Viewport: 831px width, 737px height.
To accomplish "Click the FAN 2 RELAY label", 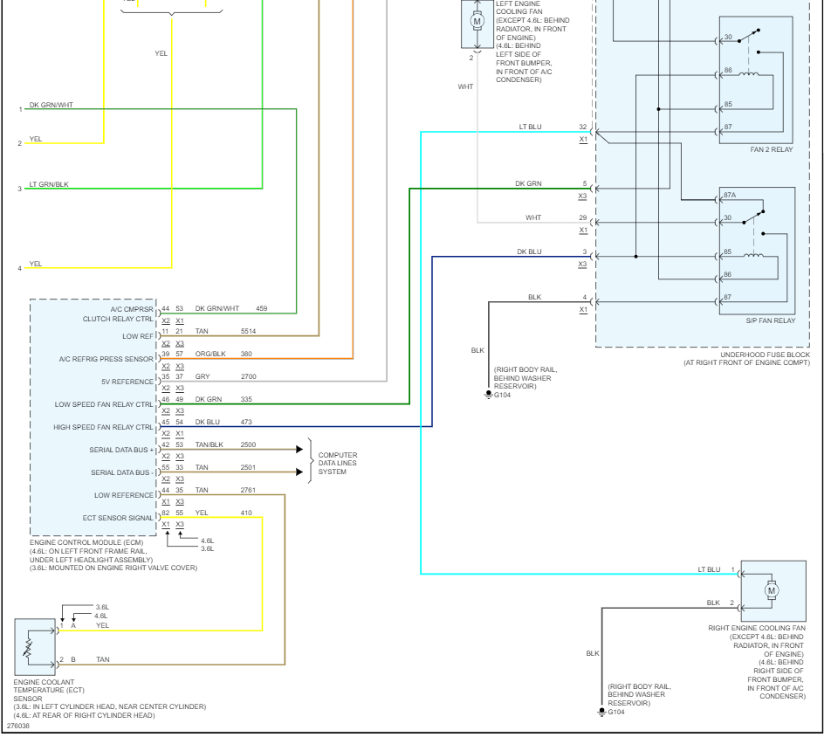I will point(772,149).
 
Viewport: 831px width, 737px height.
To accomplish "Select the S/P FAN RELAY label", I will point(772,320).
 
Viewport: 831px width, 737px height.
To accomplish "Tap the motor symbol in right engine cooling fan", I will point(772,591).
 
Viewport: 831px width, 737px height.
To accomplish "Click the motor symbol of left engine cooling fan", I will point(477,20).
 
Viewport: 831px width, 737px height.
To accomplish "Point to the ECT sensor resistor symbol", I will point(27,647).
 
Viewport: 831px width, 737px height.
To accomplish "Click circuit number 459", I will point(261,308).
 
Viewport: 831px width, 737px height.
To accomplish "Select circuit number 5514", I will point(249,332).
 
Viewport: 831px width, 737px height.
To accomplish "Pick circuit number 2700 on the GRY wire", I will point(249,377).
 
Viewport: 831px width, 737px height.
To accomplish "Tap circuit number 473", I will point(246,423).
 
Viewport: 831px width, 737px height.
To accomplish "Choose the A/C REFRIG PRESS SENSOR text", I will point(106,359).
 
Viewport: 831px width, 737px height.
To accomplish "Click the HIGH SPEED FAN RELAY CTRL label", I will point(104,427).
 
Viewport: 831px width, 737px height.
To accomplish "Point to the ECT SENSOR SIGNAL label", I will point(118,518).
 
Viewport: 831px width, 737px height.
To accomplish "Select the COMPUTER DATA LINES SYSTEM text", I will point(337,464).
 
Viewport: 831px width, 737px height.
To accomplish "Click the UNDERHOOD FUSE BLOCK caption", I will point(747,355).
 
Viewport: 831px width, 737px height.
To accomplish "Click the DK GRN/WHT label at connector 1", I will point(51,105).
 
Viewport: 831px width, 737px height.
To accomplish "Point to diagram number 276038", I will point(17,726).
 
